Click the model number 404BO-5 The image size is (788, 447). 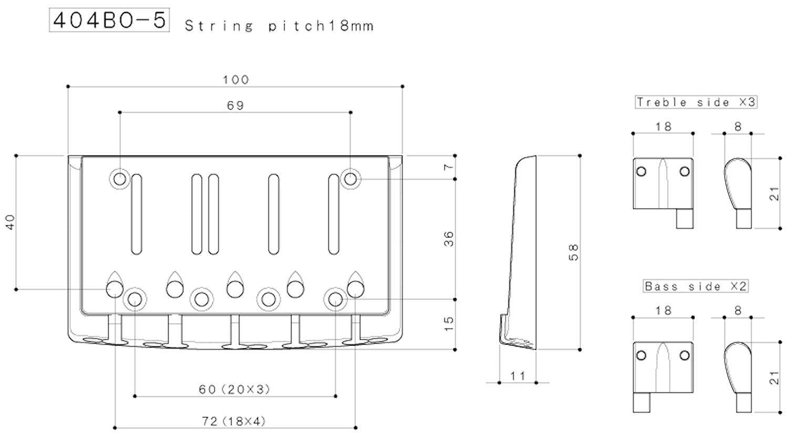(x=109, y=20)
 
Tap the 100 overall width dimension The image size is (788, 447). (x=236, y=80)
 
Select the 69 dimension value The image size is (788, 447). (x=235, y=105)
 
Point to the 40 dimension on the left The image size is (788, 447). (x=11, y=222)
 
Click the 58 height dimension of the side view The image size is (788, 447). (x=574, y=252)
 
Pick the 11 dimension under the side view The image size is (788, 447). (x=517, y=376)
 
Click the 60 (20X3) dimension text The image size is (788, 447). (x=235, y=389)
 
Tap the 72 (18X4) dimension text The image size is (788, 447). (x=234, y=421)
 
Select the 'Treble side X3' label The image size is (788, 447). (x=696, y=102)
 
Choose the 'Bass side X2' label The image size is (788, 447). (x=696, y=286)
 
